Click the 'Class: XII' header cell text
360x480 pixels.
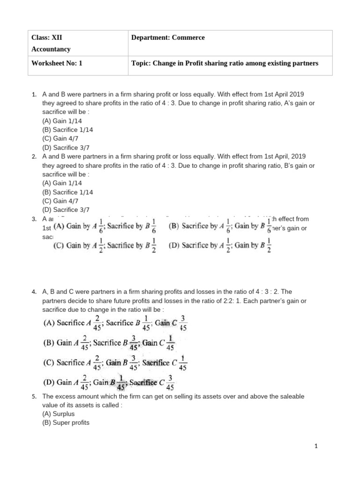click(46, 38)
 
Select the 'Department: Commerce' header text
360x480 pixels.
click(168, 38)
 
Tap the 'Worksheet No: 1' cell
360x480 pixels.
click(56, 63)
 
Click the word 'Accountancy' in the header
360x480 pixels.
click(51, 49)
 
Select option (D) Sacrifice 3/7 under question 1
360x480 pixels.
click(66, 148)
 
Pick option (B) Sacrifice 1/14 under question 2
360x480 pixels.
click(67, 192)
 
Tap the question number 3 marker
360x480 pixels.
click(34, 219)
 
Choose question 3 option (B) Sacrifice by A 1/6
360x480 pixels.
click(219, 226)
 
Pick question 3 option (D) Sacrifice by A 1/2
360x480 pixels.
click(219, 246)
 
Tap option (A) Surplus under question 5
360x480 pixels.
click(58, 414)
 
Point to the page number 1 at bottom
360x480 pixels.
click(316, 447)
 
